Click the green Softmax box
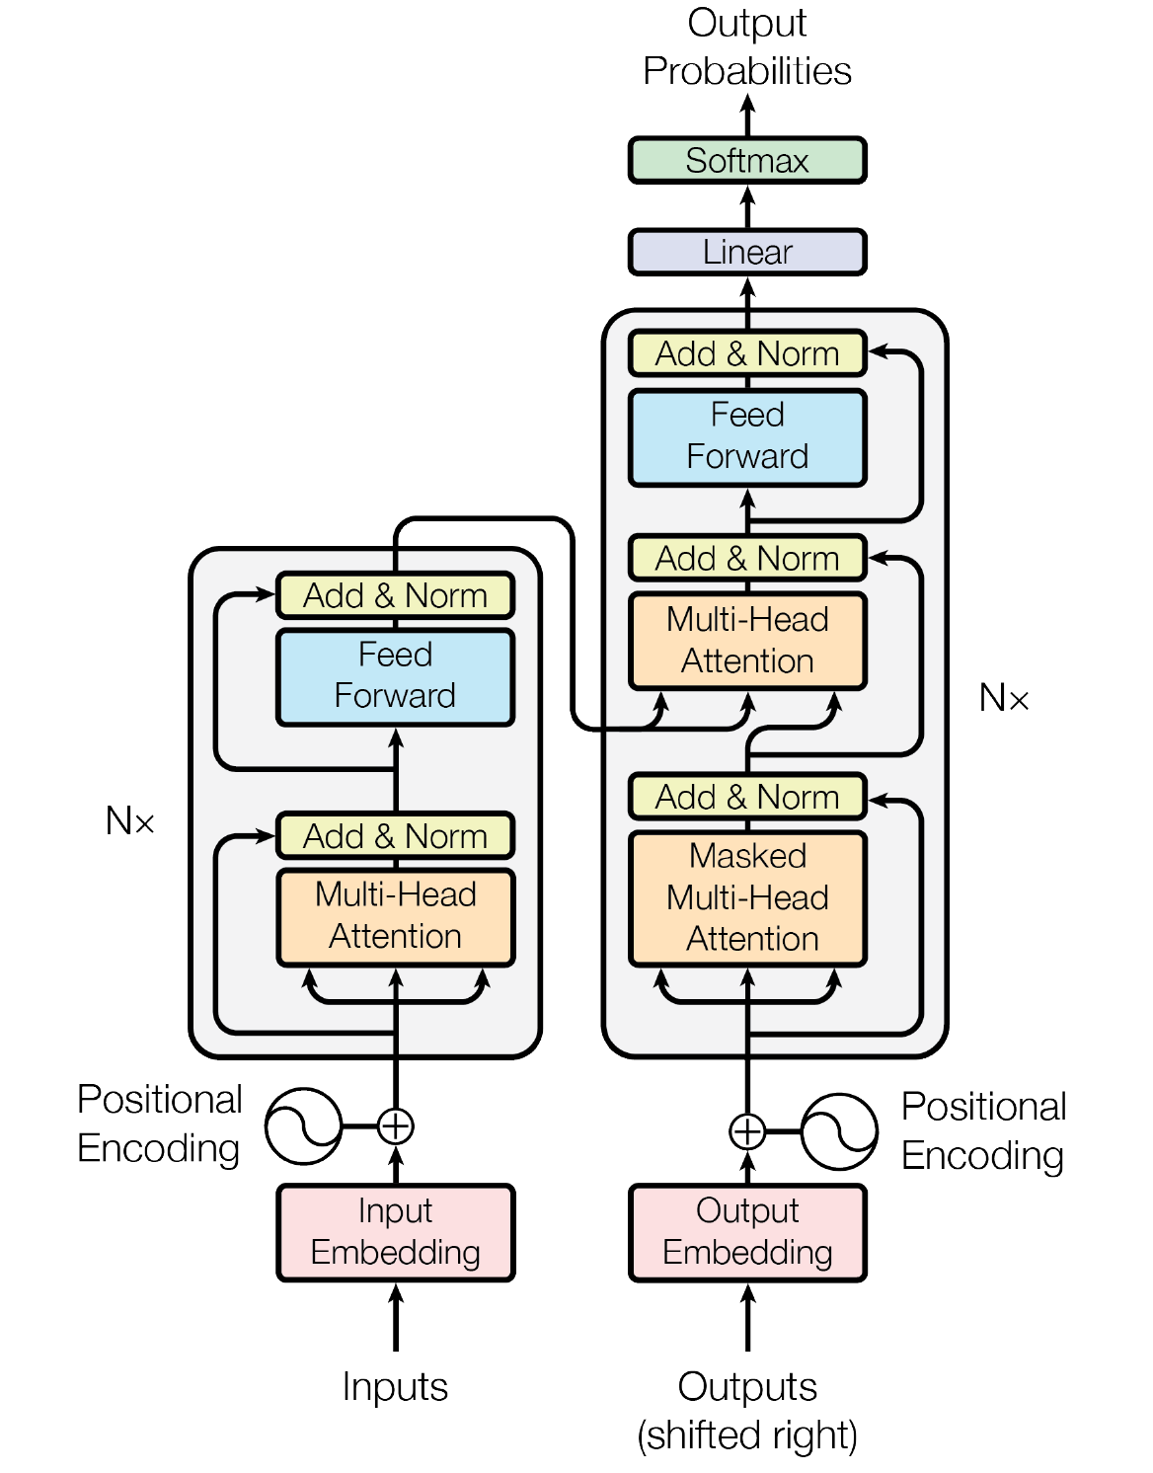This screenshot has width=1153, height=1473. point(747,160)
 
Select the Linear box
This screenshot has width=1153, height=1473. point(747,252)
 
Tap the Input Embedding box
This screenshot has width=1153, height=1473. point(395,1232)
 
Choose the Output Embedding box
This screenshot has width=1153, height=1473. point(747,1232)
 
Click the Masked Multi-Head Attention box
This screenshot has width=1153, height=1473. point(747,897)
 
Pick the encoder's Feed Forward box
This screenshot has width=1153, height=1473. point(395,676)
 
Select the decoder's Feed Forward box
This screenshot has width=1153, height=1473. point(747,436)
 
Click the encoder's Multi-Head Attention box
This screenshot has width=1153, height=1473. point(395,916)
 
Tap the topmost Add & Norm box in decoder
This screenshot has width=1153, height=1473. point(747,353)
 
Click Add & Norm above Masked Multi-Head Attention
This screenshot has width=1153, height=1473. point(747,797)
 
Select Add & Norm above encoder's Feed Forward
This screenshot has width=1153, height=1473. point(395,595)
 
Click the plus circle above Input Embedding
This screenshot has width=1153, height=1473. point(395,1125)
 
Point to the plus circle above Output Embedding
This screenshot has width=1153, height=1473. point(747,1131)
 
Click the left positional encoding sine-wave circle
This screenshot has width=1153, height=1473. point(303,1125)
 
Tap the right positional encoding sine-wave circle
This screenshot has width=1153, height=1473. point(839,1131)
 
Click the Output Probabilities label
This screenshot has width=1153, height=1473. point(747,47)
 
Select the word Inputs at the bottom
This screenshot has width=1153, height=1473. point(395,1387)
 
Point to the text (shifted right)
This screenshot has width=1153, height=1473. point(747,1435)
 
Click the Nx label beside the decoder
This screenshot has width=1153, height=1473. point(1003,698)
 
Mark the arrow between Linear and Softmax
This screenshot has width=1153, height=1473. point(747,206)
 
